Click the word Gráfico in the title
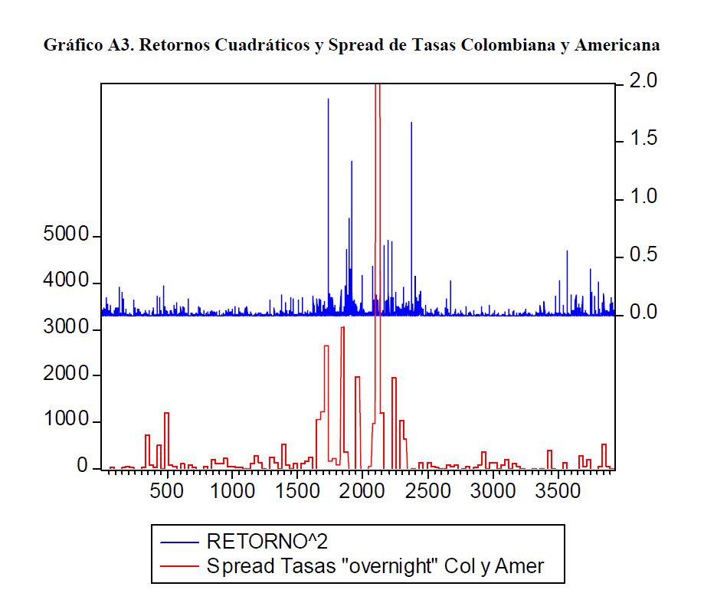pyautogui.click(x=70, y=45)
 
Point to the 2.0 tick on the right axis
pyautogui.click(x=642, y=80)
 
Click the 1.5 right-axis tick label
pyautogui.click(x=642, y=139)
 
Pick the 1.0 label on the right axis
pyautogui.click(x=642, y=197)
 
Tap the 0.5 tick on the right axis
pyautogui.click(x=642, y=255)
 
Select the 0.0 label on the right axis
pyautogui.click(x=642, y=313)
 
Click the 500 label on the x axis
pyautogui.click(x=168, y=490)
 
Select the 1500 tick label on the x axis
pyautogui.click(x=297, y=490)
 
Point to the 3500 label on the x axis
pyautogui.click(x=557, y=490)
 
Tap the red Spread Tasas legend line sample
pyautogui.click(x=180, y=567)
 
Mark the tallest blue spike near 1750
pyautogui.click(x=329, y=100)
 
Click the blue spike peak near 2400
pyautogui.click(x=411, y=123)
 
